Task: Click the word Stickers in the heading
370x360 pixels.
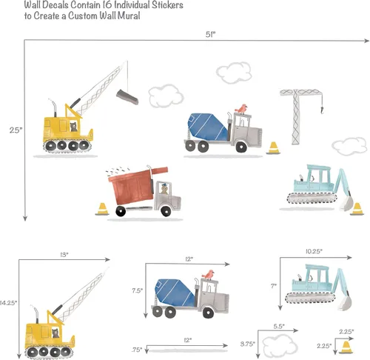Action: [167, 5]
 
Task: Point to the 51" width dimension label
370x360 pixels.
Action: [210, 35]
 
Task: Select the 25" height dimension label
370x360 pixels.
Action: [16, 130]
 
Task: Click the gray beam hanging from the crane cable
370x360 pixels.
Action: [127, 97]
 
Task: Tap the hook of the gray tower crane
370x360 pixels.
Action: [322, 109]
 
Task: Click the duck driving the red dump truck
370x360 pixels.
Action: [164, 189]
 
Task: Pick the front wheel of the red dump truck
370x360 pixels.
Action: [166, 210]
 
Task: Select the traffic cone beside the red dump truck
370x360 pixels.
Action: [102, 209]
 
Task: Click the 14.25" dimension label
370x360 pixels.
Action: [8, 303]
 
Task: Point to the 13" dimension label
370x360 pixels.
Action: [64, 255]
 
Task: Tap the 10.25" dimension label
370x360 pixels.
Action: [314, 251]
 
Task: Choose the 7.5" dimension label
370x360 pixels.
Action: [137, 290]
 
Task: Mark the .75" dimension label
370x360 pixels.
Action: [137, 350]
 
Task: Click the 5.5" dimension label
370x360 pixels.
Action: [279, 326]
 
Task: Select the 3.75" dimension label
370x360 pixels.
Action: [248, 344]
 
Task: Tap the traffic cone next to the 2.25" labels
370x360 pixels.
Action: [346, 347]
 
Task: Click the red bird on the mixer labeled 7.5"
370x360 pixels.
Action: [209, 275]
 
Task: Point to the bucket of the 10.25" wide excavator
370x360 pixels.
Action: [345, 303]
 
